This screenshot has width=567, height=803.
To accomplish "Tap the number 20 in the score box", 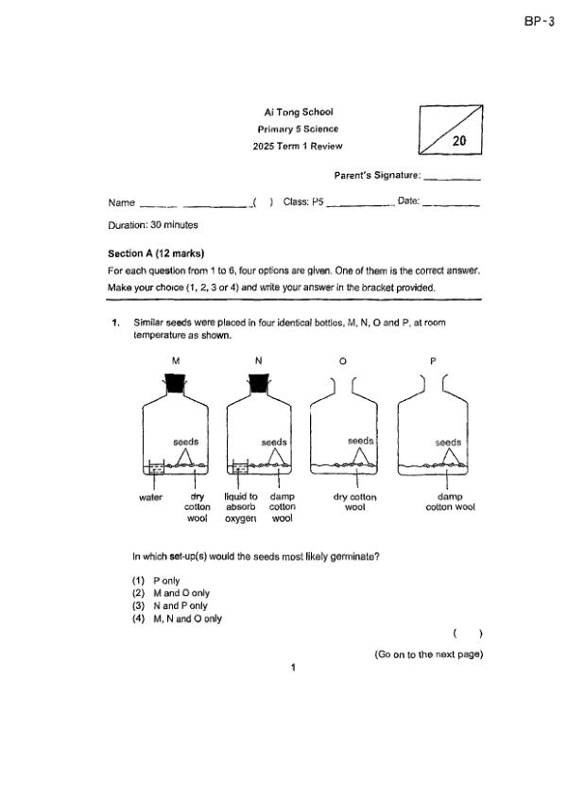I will [x=460, y=140].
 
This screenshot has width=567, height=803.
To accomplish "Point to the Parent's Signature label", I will [x=377, y=176].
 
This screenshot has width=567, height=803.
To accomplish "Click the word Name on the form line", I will [x=122, y=202].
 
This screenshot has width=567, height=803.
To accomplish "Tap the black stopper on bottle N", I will [x=260, y=382].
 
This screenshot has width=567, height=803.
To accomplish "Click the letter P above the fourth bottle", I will [x=432, y=360].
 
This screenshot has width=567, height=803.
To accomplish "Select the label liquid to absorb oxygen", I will [x=241, y=507].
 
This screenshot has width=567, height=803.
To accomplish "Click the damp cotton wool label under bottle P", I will [x=450, y=501].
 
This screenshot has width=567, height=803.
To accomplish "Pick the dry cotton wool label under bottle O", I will [x=355, y=501].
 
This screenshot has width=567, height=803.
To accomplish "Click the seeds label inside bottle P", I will [x=448, y=442].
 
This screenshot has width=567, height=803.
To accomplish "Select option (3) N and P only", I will [x=170, y=605].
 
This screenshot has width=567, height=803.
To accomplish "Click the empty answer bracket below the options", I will [x=468, y=634].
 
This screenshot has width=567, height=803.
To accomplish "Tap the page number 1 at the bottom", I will [x=293, y=669].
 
